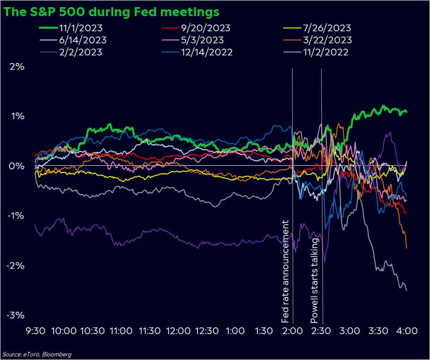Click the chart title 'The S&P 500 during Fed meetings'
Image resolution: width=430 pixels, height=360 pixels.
(111, 12)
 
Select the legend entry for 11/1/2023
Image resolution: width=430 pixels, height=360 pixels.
(81, 28)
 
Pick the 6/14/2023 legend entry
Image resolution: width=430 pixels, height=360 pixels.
(81, 40)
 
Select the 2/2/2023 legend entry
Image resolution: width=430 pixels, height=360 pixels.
(79, 52)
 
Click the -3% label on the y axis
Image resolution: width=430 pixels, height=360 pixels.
(16, 315)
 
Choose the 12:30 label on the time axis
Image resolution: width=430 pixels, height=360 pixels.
(207, 331)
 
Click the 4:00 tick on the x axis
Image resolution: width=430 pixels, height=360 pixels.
(407, 331)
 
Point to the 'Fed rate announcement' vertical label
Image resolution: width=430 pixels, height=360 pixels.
(286, 272)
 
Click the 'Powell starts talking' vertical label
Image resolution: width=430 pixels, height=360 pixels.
(315, 280)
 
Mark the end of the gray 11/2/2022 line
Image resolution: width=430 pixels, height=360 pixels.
(406, 290)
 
